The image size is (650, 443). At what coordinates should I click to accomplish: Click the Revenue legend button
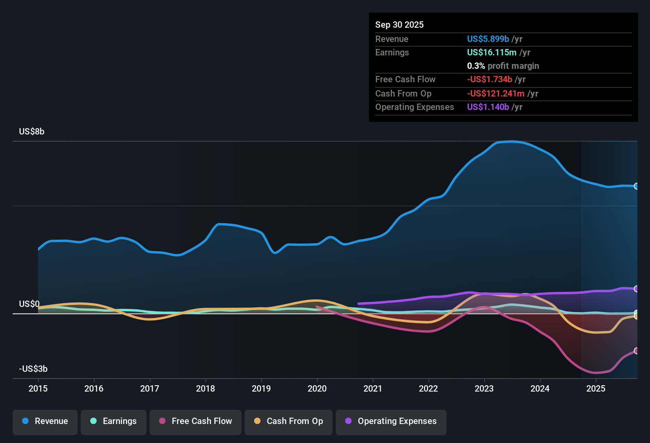point(45,421)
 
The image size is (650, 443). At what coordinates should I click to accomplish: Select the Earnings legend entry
point(114,421)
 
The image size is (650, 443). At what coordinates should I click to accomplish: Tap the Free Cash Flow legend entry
point(196,421)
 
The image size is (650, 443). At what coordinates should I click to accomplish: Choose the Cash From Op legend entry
point(289,421)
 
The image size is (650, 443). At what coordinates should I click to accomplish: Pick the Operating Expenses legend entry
point(391,421)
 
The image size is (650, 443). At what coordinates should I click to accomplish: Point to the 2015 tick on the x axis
point(38,388)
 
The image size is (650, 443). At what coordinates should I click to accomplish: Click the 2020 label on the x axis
point(317,388)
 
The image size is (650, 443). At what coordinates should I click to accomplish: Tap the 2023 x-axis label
point(484,388)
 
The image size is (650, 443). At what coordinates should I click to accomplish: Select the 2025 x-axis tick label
point(596,388)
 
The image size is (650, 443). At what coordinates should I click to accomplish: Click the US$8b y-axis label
point(32,132)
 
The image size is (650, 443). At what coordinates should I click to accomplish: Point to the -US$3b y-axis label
point(33,369)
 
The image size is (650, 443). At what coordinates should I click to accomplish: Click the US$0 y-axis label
point(29,304)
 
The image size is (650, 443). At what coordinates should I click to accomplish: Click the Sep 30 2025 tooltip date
point(399,25)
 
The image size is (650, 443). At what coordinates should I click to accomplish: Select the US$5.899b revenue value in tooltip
point(488,39)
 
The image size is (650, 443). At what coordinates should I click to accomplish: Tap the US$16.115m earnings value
point(492,53)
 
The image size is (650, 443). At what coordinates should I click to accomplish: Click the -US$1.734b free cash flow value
point(489,80)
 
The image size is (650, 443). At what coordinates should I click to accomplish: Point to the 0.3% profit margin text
point(503,66)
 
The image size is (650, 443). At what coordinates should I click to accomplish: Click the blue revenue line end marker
point(636,186)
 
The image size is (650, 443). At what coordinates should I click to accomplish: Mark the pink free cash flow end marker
point(636,351)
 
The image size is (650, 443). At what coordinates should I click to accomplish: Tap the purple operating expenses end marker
point(636,289)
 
